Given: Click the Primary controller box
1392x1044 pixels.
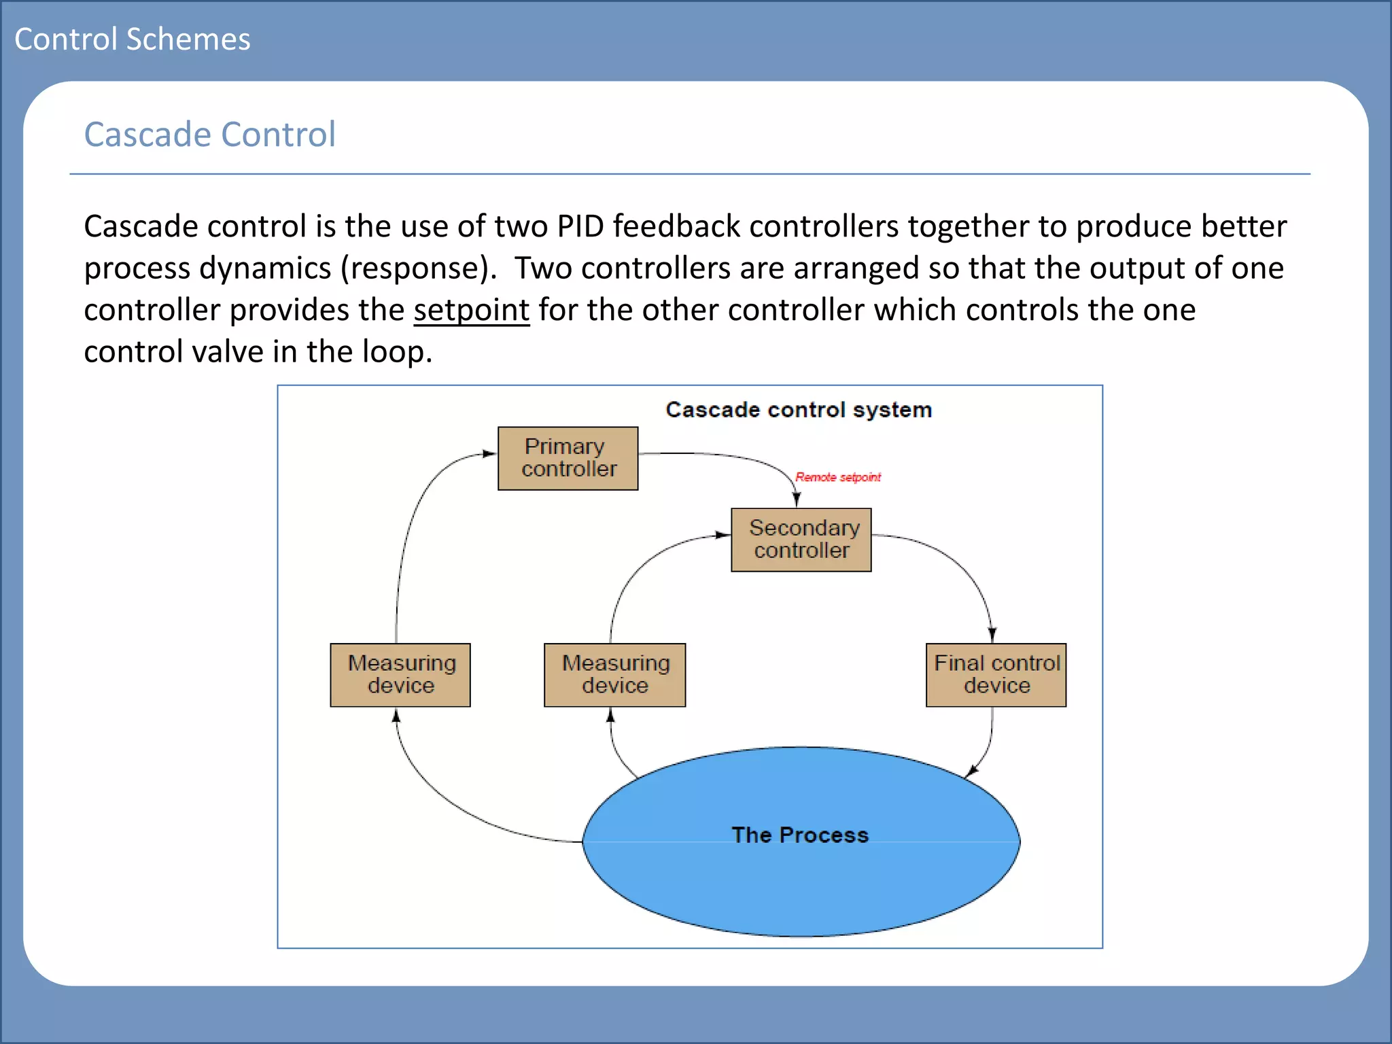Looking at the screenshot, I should pos(568,458).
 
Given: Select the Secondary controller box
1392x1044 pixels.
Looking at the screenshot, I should pos(801,540).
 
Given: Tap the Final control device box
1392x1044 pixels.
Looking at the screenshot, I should pos(996,675).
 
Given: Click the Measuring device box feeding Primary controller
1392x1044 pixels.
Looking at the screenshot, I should pos(400,675).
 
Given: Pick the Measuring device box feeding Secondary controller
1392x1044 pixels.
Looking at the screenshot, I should pos(614,675).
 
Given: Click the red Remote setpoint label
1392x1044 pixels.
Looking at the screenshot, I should pos(837,477).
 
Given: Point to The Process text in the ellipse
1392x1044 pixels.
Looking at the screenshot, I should pos(800,835).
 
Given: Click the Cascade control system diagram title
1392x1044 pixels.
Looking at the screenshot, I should pos(799,410).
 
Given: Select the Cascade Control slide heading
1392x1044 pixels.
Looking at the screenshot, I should pos(209,134).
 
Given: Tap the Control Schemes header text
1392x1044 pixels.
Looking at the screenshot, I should pos(133,39).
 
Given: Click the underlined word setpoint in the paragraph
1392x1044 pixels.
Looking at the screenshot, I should pos(471,310).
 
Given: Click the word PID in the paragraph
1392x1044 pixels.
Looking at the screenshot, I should pos(580,226).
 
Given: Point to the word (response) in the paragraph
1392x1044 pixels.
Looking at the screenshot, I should pos(419,268).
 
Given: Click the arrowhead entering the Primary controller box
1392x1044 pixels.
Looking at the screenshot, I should pos(489,453).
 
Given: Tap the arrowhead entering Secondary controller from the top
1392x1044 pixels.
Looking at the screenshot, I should pos(797,500).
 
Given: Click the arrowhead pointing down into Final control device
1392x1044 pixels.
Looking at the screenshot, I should pos(992,634).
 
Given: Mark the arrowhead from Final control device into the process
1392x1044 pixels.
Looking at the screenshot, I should pos(973,771).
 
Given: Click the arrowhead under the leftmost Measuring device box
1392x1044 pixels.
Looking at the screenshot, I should pos(396,716).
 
